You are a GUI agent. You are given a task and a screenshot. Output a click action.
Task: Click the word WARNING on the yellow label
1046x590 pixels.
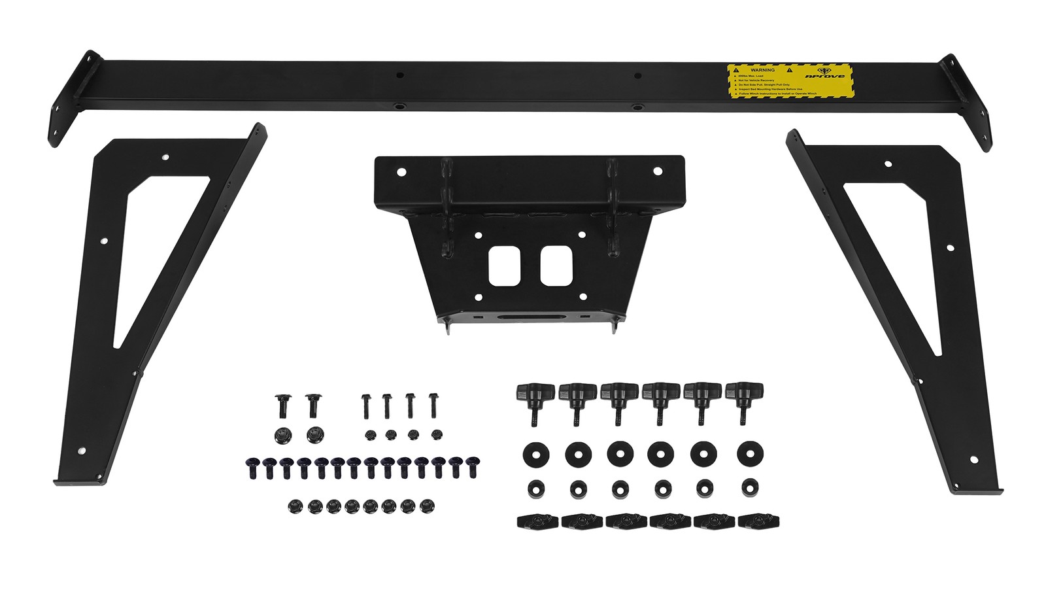pos(762,69)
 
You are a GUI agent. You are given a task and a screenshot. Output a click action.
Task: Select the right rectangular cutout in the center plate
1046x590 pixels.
pos(556,266)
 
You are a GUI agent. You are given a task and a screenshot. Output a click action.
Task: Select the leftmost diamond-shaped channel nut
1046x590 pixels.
pos(537,521)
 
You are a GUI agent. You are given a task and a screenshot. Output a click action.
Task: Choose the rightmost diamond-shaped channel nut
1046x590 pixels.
pos(758,521)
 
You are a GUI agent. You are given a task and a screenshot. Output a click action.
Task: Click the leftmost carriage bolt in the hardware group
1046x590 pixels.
pos(283,405)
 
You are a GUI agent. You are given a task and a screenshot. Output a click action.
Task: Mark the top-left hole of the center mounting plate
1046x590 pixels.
pos(401,172)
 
